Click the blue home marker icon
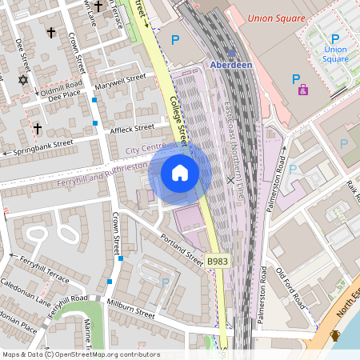(180, 173)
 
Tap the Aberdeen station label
(230, 64)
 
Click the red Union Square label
(275, 18)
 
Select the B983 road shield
(217, 262)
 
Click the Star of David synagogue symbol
(22, 80)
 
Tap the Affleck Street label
(133, 127)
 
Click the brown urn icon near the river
(335, 335)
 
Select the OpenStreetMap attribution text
(80, 354)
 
